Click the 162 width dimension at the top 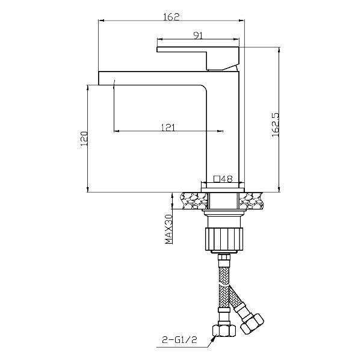point(171,17)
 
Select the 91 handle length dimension point(198,35)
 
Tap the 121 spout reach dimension point(168,128)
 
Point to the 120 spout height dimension point(84,138)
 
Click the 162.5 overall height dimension point(276,125)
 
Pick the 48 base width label point(227,179)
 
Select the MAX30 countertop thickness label point(168,229)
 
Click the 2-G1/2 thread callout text point(179,340)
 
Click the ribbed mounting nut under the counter point(224,239)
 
